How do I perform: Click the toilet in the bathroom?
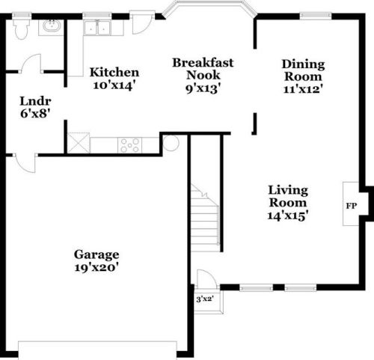21,28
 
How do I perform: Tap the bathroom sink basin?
52,28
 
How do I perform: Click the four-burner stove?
129,144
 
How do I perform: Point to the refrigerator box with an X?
78,143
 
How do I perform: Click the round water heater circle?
171,143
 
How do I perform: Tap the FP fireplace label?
351,204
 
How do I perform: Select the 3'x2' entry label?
205,299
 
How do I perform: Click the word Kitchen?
114,73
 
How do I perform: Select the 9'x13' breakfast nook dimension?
203,88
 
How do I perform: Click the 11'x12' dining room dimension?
303,88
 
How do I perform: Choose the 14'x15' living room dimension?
289,216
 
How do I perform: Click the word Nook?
203,76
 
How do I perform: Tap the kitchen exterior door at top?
142,22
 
